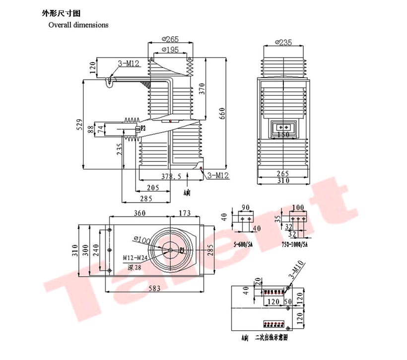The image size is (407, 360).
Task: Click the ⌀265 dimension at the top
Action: click(170, 39)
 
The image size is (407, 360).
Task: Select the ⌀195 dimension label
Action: click(170, 50)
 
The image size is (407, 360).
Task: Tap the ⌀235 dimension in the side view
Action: click(283, 43)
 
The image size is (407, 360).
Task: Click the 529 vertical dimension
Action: click(79, 124)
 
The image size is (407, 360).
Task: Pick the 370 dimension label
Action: click(202, 88)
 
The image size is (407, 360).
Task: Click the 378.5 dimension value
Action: click(171, 176)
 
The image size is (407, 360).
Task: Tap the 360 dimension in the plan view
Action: click(140, 213)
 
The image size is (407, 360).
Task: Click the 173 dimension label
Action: click(184, 213)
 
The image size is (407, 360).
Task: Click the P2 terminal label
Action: click(142, 128)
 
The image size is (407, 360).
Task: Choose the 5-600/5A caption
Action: click(246, 244)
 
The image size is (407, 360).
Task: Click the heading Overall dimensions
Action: click(78, 25)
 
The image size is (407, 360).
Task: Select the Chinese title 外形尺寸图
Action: click(59, 13)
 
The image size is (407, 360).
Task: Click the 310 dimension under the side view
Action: click(283, 181)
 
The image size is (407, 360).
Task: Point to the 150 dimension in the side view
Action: click(283, 134)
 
